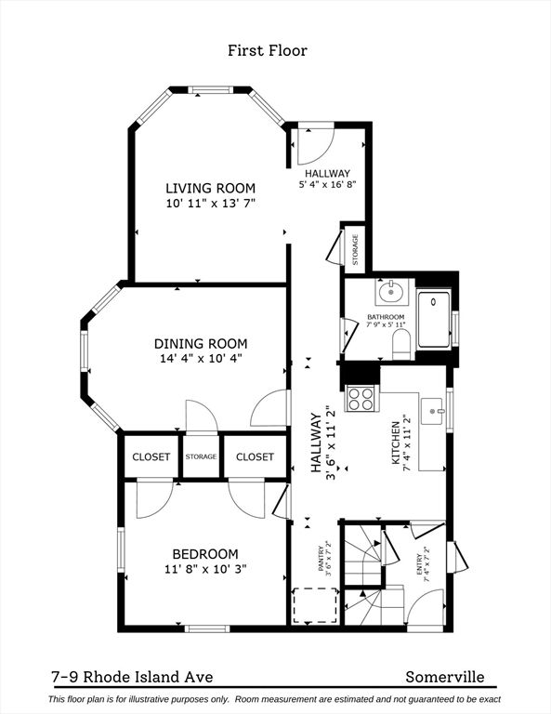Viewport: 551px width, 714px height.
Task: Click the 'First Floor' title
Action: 267,50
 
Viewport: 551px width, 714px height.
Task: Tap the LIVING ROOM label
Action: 210,188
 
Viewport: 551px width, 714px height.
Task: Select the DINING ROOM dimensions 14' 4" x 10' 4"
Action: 204,356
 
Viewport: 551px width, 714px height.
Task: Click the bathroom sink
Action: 392,294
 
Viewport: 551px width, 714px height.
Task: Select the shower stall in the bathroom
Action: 433,322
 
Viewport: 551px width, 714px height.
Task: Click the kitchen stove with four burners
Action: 361,399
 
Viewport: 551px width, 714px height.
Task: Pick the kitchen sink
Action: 432,410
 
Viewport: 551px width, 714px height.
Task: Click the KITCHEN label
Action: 396,442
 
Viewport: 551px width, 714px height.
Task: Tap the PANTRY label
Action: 322,562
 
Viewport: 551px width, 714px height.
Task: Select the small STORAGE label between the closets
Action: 201,456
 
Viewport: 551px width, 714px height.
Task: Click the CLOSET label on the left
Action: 151,456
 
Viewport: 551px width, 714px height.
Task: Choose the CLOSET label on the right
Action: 255,456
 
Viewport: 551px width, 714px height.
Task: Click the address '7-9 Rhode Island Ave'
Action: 125,678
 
